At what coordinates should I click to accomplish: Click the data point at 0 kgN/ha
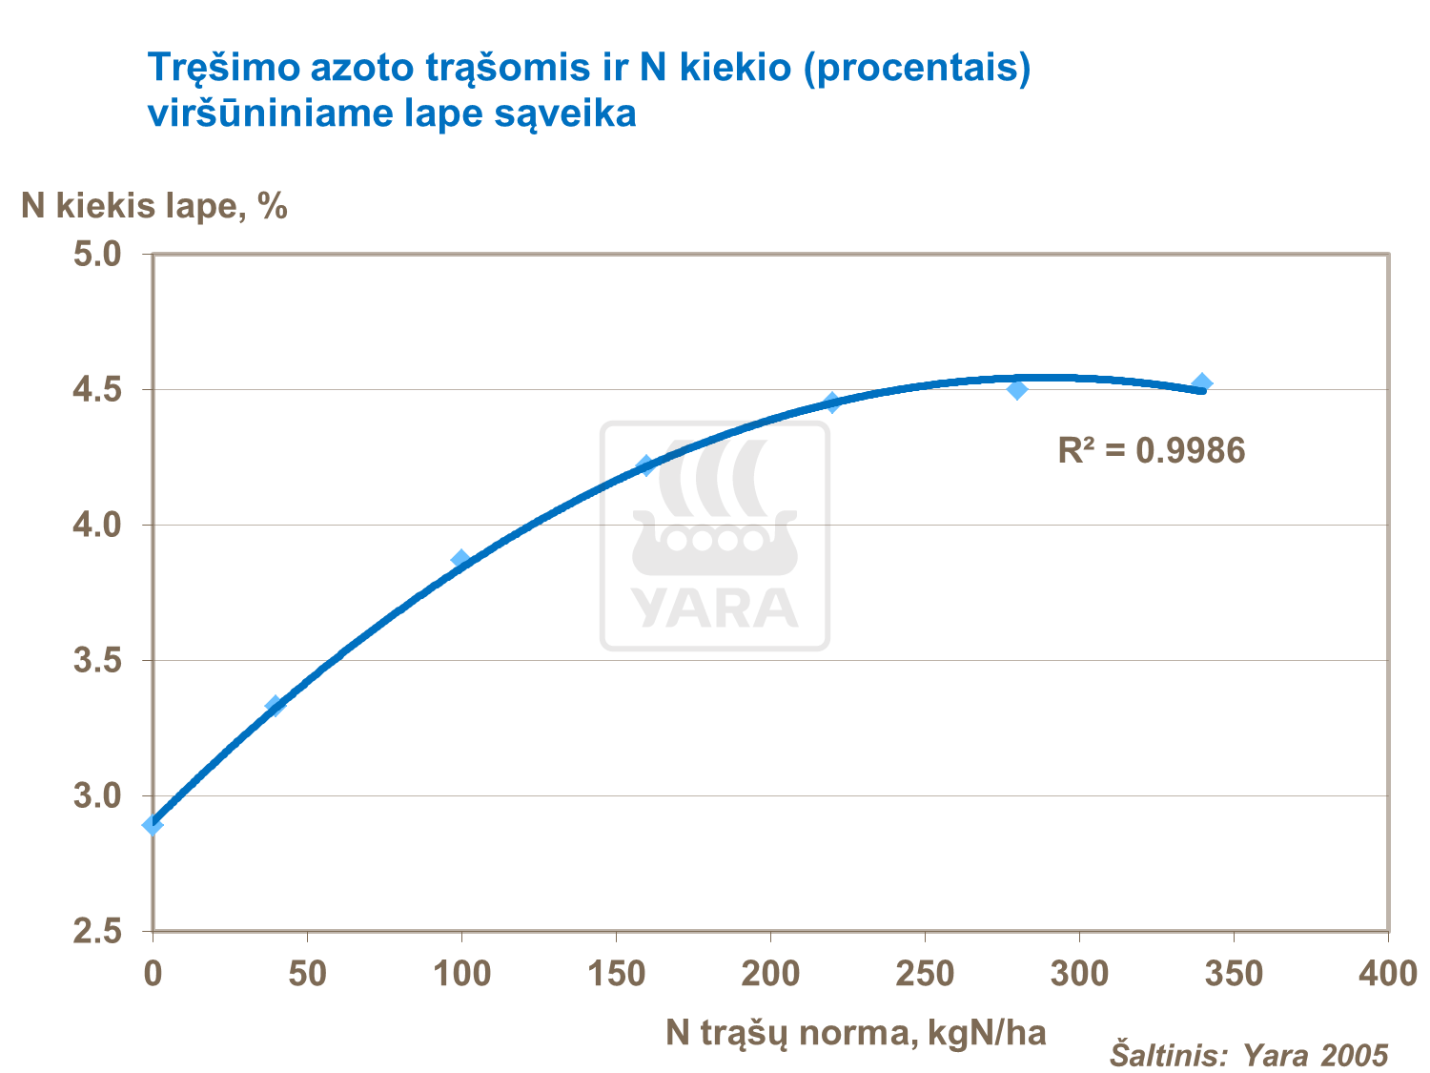[x=153, y=824]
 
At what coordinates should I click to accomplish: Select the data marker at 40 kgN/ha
[x=276, y=706]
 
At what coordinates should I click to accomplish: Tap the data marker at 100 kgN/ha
[x=461, y=559]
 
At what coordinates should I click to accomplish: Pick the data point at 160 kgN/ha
[x=646, y=465]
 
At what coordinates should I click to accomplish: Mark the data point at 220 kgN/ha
[x=832, y=402]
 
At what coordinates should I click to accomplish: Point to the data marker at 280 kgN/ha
[x=1017, y=389]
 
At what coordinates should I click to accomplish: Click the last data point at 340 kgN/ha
[x=1202, y=383]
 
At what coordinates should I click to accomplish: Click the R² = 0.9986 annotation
[x=1152, y=450]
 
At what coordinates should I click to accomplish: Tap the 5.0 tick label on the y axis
[x=98, y=255]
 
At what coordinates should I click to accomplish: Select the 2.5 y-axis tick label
[x=98, y=932]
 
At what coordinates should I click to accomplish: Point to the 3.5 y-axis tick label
[x=98, y=661]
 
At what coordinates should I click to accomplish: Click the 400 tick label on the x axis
[x=1388, y=974]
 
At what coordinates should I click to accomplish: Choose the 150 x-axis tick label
[x=616, y=974]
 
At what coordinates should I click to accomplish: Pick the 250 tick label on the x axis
[x=925, y=974]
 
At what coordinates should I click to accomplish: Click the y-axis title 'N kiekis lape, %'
[x=154, y=205]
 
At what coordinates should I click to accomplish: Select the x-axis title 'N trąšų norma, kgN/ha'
[x=856, y=1032]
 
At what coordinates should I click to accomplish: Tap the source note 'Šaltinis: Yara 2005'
[x=1249, y=1055]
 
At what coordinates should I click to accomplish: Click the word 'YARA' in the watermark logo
[x=714, y=608]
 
